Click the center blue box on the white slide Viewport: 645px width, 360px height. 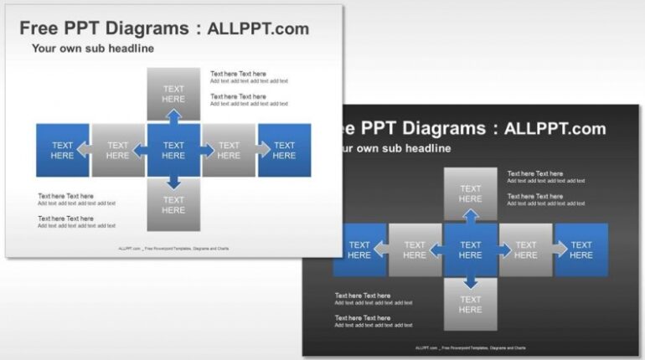[173, 151]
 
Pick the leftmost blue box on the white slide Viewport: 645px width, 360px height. [62, 151]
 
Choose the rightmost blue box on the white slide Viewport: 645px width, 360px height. [285, 151]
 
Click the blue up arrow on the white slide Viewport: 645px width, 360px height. [173, 116]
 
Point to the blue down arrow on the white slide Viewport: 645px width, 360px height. [173, 183]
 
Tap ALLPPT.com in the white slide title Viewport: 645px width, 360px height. [258, 28]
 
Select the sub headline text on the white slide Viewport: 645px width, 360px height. [93, 49]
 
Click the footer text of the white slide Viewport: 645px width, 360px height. [173, 249]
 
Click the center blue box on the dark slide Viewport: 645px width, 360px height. [470, 250]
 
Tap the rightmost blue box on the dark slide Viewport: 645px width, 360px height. [581, 250]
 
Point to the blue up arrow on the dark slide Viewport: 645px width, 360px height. [471, 216]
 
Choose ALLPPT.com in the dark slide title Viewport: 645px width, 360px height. [555, 128]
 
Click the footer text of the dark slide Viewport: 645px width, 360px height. [470, 347]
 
